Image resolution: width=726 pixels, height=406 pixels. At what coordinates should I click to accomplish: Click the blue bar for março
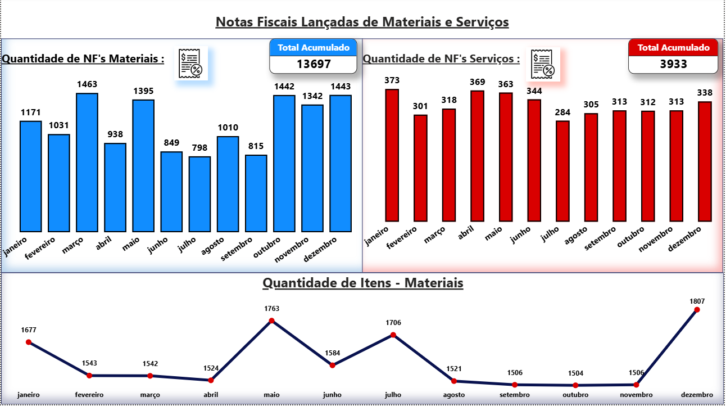tap(87, 163)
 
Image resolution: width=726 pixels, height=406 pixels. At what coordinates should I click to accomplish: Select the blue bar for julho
tap(199, 194)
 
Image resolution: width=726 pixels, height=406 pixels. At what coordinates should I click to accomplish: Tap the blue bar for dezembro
tap(340, 164)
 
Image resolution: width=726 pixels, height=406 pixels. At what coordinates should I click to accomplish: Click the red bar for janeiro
tap(392, 155)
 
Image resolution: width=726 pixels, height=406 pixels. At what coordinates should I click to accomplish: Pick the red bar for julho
tap(562, 171)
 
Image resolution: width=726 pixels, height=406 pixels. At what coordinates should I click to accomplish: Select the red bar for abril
tap(477, 156)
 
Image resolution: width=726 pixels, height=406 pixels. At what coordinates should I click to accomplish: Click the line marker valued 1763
tap(271, 321)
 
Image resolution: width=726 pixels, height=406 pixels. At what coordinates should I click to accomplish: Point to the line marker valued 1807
tap(697, 310)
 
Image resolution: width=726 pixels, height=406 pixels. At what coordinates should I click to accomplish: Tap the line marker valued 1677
tap(29, 342)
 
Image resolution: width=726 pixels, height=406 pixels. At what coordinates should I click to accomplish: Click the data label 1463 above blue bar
tap(87, 84)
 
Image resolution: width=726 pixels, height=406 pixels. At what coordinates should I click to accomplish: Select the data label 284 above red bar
tap(562, 112)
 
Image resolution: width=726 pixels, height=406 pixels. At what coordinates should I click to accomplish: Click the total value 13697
tap(314, 64)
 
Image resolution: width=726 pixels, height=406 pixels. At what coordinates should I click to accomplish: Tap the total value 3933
tap(673, 64)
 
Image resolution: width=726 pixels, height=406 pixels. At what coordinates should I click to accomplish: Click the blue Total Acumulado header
tap(314, 48)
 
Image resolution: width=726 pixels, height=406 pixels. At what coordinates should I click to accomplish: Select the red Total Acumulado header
tap(673, 48)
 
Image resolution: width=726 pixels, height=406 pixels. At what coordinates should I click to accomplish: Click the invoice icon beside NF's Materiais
tap(190, 64)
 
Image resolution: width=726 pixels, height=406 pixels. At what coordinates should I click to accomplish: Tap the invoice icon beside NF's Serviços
tap(543, 64)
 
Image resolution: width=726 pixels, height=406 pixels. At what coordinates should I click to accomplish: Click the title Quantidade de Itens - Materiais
tap(362, 283)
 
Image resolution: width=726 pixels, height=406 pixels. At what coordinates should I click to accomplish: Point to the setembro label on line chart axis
tap(514, 395)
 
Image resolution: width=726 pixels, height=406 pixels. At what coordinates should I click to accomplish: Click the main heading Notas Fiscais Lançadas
tap(362, 22)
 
